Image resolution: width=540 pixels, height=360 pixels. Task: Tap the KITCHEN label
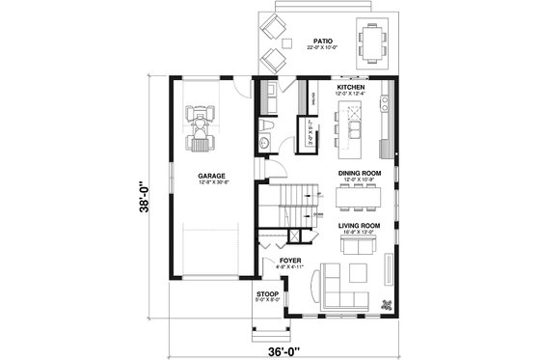point(351,87)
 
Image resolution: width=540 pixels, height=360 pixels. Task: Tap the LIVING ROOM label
point(358,225)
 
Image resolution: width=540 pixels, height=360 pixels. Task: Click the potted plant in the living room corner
point(387,305)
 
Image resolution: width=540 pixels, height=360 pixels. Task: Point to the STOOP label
point(267,293)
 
